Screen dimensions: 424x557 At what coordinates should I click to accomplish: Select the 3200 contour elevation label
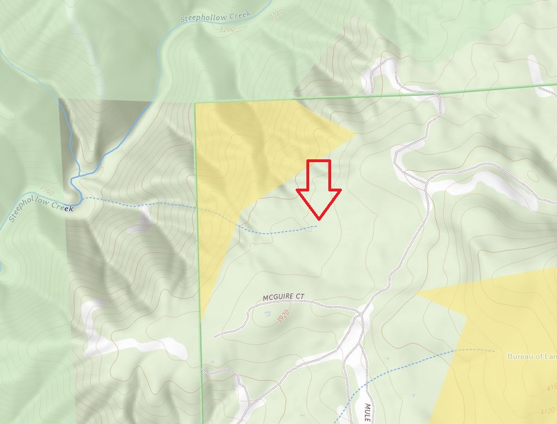[x=227, y=28]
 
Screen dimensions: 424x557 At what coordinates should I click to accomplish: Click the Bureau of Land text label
[x=532, y=356]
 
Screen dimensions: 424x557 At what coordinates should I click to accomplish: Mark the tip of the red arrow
[x=319, y=218]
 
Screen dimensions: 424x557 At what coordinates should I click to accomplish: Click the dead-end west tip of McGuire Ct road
[x=215, y=336]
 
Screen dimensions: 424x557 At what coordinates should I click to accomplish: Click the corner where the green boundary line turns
[x=195, y=104]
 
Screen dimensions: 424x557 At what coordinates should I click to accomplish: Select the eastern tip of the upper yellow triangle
[x=355, y=134]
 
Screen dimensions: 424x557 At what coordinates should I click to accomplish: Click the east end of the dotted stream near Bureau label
[x=493, y=351]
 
